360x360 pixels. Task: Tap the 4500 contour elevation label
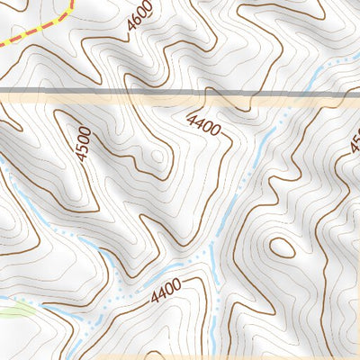(x=84, y=143)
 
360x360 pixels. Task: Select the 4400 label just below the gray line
(x=204, y=125)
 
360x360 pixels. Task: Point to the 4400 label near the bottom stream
(x=166, y=292)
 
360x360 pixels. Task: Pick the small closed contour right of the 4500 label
(x=159, y=157)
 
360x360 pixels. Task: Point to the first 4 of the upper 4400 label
(x=191, y=118)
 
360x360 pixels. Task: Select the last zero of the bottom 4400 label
(x=179, y=285)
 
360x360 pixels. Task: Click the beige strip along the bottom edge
(x=270, y=356)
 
